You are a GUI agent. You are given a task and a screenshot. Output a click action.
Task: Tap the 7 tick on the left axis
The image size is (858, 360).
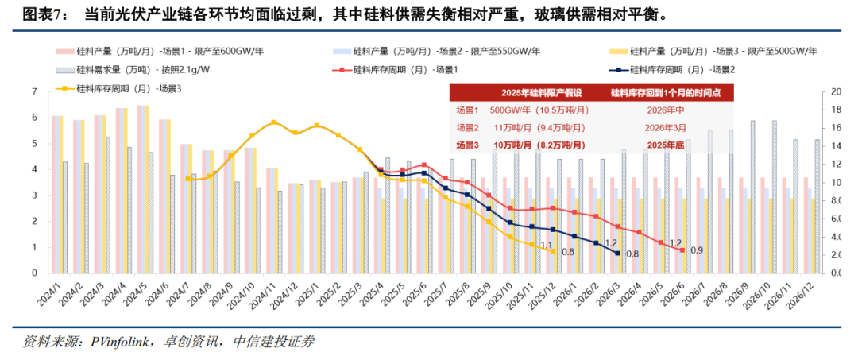tap(34, 91)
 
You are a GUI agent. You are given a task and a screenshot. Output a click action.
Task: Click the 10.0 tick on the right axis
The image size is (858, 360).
tap(835, 182)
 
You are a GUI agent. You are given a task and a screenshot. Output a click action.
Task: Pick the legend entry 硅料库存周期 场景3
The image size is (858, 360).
tap(123, 87)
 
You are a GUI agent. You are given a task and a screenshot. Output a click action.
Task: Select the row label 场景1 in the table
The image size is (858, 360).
tap(469, 110)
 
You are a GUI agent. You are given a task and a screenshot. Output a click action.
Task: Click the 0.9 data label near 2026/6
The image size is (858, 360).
tap(696, 250)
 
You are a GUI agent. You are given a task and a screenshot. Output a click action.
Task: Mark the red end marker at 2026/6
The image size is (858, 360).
tap(682, 250)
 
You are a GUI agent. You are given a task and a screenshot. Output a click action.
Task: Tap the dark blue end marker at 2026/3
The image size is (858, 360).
tap(616, 253)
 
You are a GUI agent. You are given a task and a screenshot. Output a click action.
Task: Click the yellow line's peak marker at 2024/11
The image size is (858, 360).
tap(273, 122)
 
